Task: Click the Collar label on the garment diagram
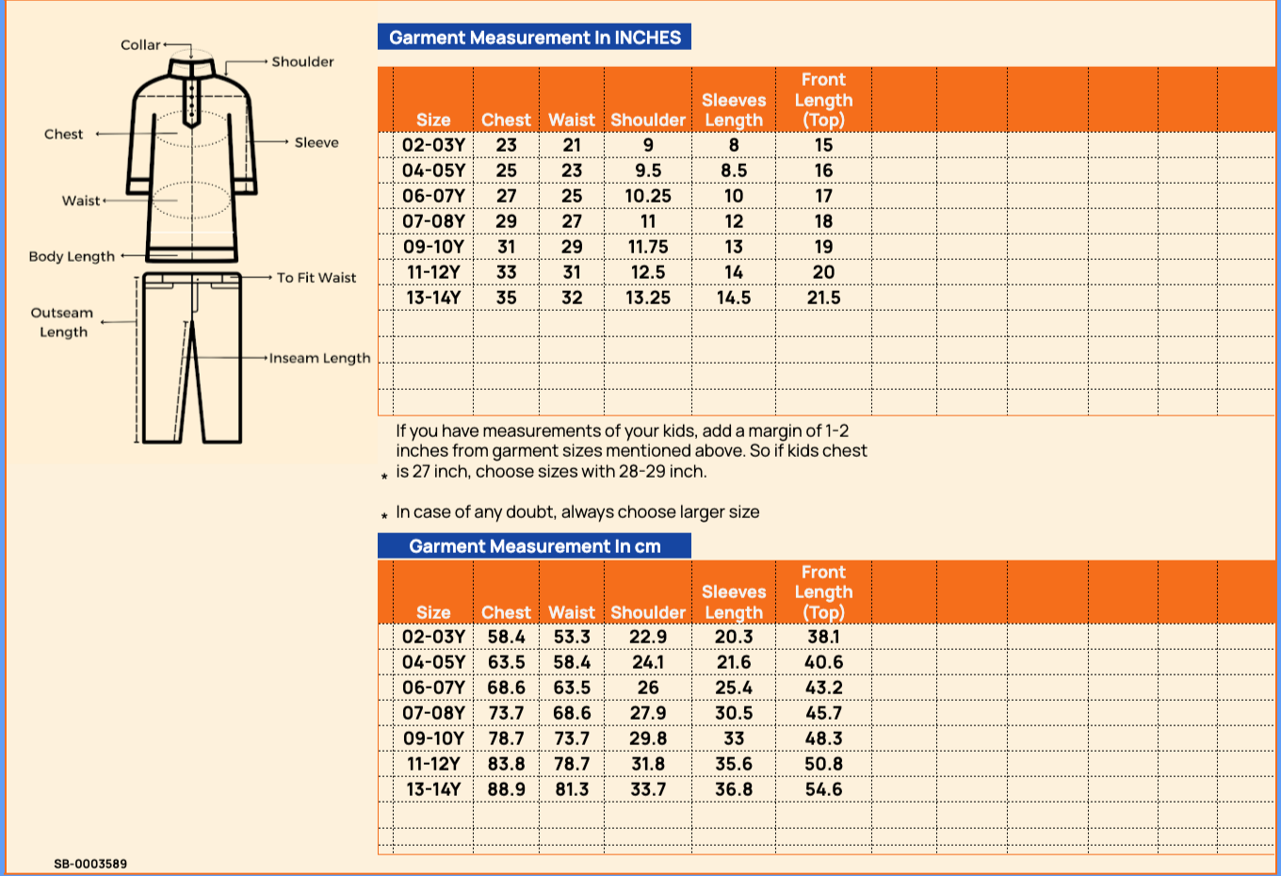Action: click(140, 45)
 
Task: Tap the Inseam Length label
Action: click(319, 358)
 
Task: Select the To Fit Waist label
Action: click(316, 278)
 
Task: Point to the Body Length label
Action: click(72, 256)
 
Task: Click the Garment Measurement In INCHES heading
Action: click(534, 38)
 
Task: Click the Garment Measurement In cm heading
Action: click(534, 546)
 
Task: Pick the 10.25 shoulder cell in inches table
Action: click(648, 196)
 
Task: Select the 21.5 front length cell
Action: click(823, 298)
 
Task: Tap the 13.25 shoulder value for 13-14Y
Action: click(648, 298)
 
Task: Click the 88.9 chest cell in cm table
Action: click(506, 789)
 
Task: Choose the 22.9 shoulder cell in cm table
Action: click(648, 637)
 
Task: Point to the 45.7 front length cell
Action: click(823, 713)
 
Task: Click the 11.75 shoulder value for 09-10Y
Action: click(648, 247)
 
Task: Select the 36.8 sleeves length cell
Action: click(734, 789)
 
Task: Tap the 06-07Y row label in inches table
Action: click(433, 196)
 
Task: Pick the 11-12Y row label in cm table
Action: click(433, 764)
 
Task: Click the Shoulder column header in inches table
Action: click(648, 120)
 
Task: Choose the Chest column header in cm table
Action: click(506, 612)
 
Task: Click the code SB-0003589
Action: click(90, 864)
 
